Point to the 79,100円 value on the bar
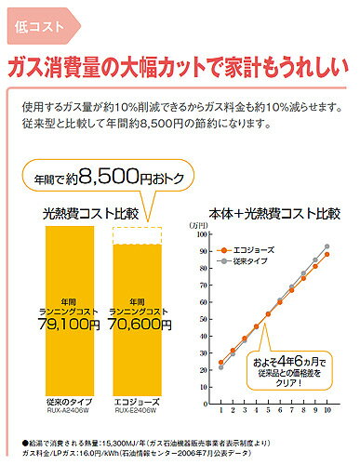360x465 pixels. pyautogui.click(x=63, y=325)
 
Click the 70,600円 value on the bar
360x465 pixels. pyautogui.click(x=135, y=325)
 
